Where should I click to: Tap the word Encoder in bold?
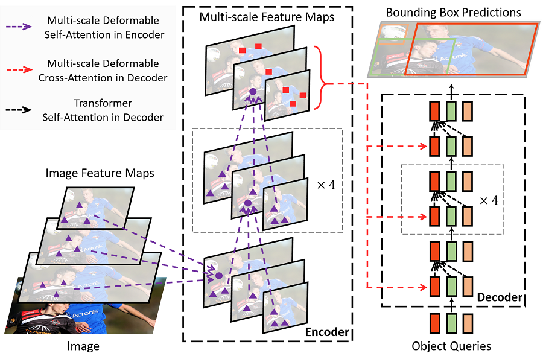(x=326, y=332)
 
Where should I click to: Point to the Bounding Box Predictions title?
(x=453, y=12)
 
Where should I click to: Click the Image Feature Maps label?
(x=100, y=173)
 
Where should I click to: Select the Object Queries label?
(x=451, y=346)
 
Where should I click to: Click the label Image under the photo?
(x=83, y=346)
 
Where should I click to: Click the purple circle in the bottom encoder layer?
(x=219, y=275)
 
